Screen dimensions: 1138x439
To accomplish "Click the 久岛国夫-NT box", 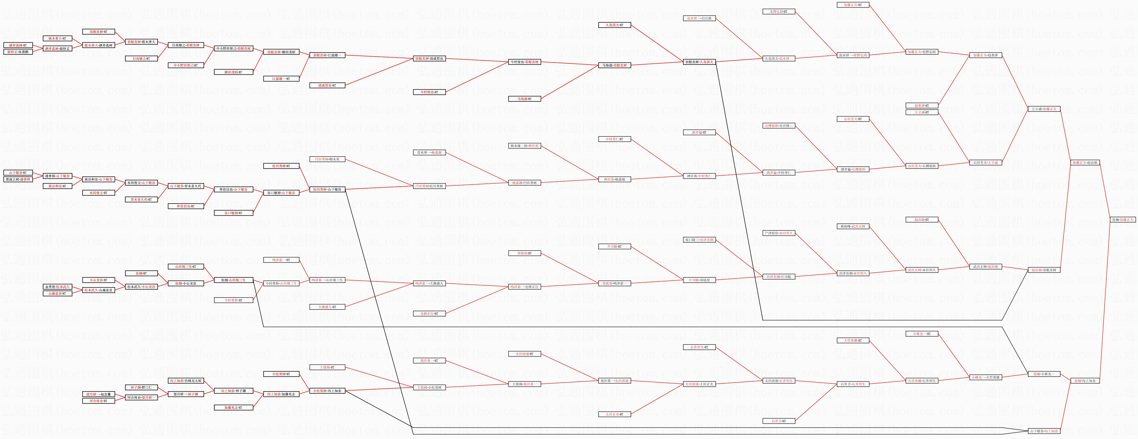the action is (x=614, y=25).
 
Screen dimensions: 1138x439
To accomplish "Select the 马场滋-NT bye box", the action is (x=524, y=99).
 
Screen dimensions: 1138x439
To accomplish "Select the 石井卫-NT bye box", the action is (x=779, y=421).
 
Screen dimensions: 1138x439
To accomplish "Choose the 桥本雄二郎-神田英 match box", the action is (x=524, y=146).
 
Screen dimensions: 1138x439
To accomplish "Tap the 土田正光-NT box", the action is (x=614, y=414).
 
